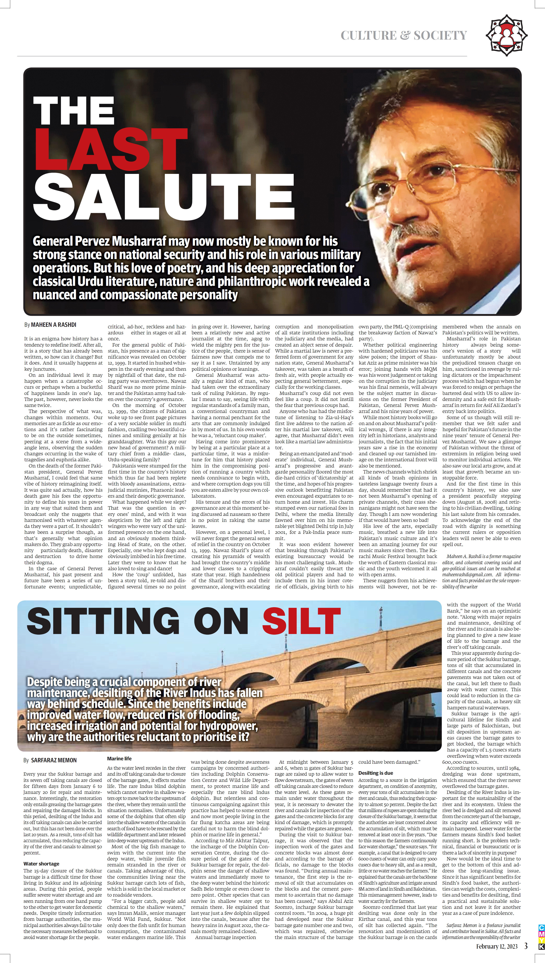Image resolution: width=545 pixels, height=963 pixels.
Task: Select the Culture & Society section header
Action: tap(404, 36)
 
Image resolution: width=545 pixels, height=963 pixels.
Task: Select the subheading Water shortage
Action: tap(41, 863)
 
